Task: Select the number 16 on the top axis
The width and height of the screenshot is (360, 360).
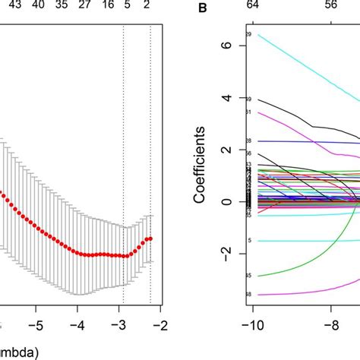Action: (x=108, y=4)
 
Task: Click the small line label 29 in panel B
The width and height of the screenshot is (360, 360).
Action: (x=248, y=35)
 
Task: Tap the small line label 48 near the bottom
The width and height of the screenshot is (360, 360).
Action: (x=248, y=294)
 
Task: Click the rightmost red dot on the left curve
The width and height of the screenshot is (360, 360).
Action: (x=150, y=238)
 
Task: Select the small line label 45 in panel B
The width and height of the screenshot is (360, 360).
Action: (x=248, y=276)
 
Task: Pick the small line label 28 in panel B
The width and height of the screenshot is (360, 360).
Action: (x=248, y=141)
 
